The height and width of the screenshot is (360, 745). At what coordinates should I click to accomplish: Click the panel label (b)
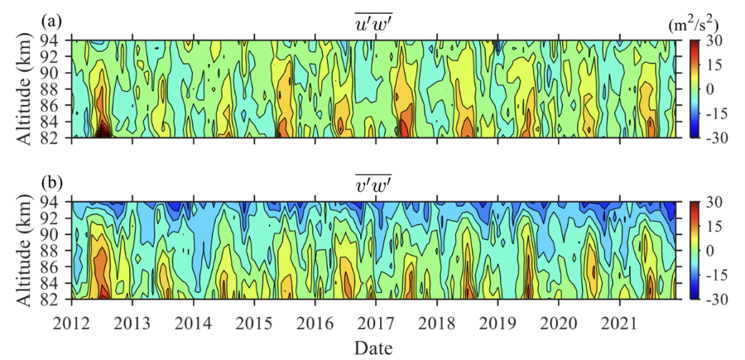coord(52,183)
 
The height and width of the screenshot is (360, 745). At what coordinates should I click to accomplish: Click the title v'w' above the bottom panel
coord(372,185)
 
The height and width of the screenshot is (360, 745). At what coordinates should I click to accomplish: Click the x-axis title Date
coord(373,346)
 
